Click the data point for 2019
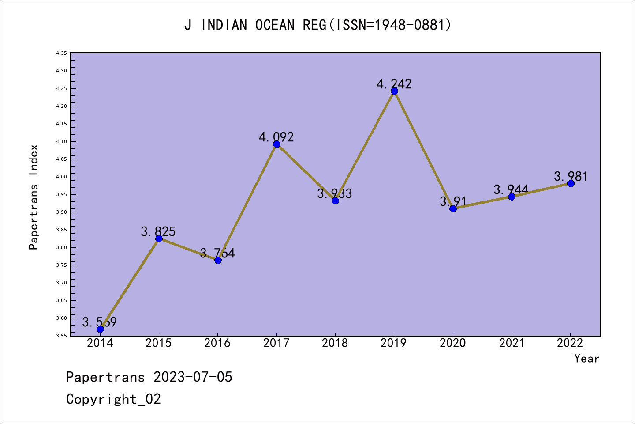[394, 91]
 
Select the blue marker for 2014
[100, 329]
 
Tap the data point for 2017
[276, 144]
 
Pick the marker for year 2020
[453, 208]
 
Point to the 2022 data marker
[571, 183]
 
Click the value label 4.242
[394, 84]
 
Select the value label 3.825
[158, 231]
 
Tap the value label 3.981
[571, 176]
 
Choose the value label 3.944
[511, 189]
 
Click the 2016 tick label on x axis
[217, 343]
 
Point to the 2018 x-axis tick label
[335, 343]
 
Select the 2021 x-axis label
[512, 343]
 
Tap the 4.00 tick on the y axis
[61, 177]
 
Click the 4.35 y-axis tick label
[61, 53]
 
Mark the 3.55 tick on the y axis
[61, 336]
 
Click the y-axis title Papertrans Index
[34, 197]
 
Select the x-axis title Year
[586, 359]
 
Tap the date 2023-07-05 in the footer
[193, 377]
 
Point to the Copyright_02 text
[113, 399]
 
